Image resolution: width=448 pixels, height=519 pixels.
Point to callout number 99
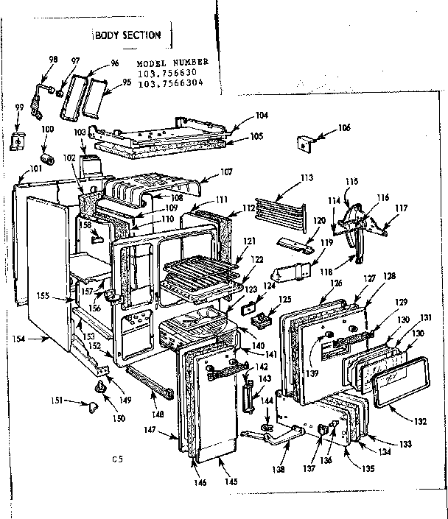[19, 108]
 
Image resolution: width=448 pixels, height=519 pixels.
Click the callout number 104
[241, 115]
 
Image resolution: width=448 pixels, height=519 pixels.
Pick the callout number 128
[388, 276]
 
